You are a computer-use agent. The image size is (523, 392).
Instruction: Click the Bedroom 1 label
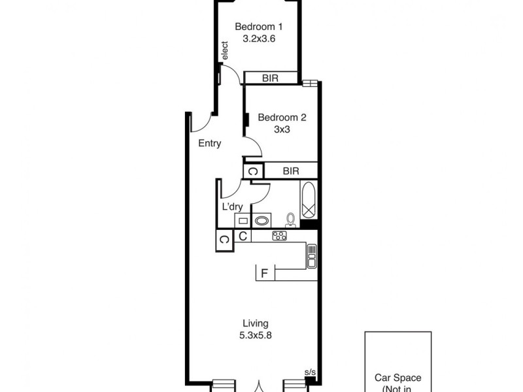click(x=258, y=27)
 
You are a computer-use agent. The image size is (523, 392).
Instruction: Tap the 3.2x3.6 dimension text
click(x=258, y=39)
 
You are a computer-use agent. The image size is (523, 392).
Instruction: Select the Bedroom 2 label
click(x=282, y=118)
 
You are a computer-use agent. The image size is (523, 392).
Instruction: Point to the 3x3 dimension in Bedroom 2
click(x=282, y=129)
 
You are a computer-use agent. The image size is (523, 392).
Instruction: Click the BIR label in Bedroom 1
click(x=270, y=78)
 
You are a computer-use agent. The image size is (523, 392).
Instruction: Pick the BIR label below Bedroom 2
click(x=291, y=171)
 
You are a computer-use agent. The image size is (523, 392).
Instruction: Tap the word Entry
click(x=209, y=144)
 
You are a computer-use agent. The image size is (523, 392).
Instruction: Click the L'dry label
click(x=233, y=207)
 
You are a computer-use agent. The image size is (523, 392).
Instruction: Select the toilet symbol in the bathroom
click(x=290, y=219)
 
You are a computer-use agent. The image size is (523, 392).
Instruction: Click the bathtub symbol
click(x=309, y=201)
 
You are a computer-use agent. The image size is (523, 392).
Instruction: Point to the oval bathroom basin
click(x=263, y=220)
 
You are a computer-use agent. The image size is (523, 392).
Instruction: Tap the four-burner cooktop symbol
click(x=280, y=236)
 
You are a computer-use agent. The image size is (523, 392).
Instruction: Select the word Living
click(x=256, y=323)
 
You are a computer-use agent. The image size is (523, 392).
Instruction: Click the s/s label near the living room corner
click(x=310, y=372)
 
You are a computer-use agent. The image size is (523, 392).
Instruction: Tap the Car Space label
click(x=397, y=378)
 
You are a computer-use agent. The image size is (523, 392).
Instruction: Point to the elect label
click(x=225, y=52)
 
